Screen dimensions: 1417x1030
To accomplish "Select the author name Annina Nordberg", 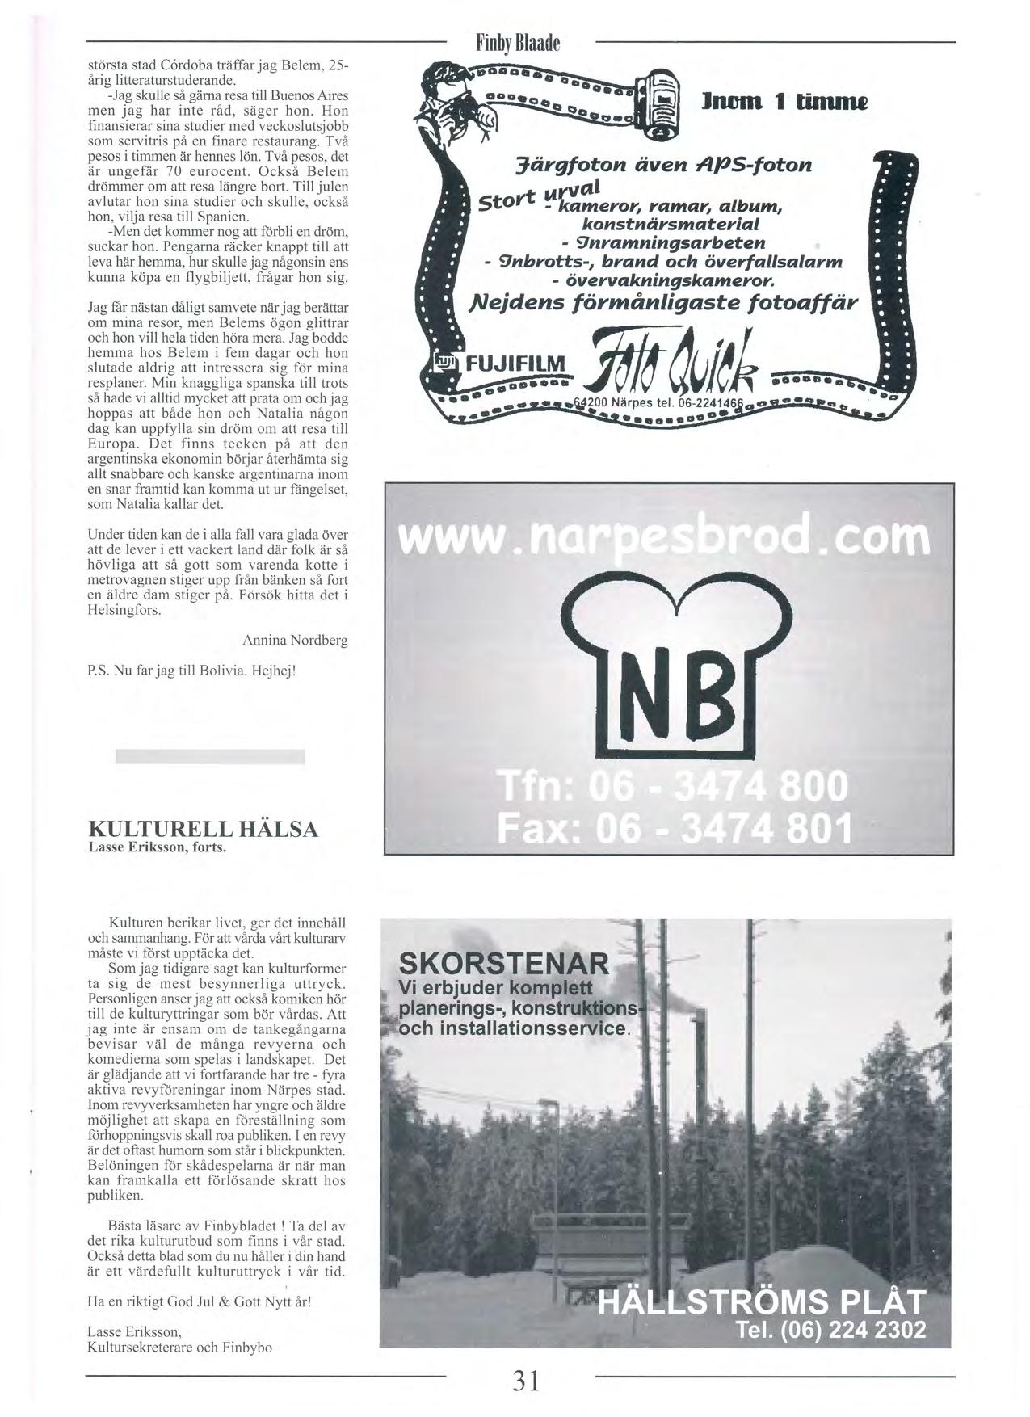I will pos(295,641).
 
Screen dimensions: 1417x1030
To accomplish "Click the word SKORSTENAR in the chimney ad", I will pos(504,964).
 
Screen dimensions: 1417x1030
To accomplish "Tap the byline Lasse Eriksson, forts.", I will pos(157,848).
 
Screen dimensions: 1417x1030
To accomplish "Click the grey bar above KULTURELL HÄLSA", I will pos(210,756).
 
